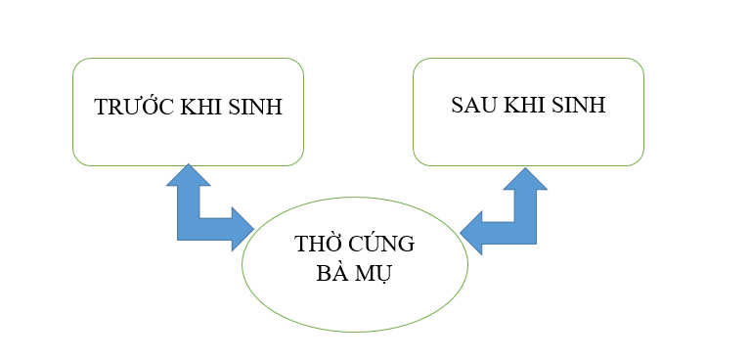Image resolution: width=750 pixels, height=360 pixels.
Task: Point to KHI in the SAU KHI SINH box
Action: [x=526, y=105]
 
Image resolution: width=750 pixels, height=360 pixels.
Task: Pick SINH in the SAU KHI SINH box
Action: [x=579, y=105]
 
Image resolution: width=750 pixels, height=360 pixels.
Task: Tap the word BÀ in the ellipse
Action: [x=332, y=273]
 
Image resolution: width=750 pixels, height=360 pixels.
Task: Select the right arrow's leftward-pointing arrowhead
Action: [x=473, y=232]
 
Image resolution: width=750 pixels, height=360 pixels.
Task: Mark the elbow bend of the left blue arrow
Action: [x=190, y=227]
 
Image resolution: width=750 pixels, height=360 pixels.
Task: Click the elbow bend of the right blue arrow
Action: [x=526, y=231]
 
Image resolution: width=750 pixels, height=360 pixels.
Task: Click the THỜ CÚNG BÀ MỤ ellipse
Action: [x=354, y=303]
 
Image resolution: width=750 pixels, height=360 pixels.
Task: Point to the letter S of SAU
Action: [x=458, y=105]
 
